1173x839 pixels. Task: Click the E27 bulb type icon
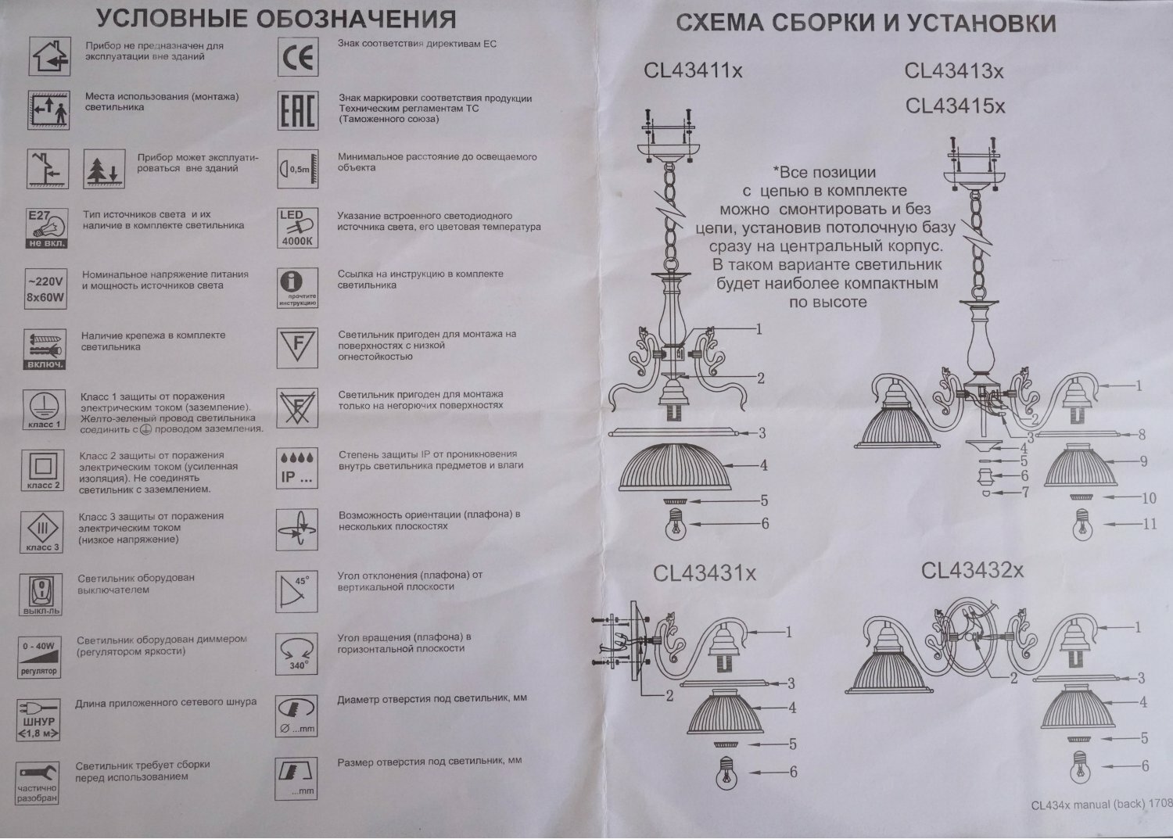click(47, 228)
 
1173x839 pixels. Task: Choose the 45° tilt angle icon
click(297, 591)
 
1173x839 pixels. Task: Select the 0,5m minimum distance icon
click(297, 169)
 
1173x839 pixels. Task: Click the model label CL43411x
click(693, 71)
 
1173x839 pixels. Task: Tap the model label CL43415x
click(955, 105)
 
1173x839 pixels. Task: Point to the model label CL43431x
click(705, 574)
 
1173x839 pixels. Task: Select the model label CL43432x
click(972, 570)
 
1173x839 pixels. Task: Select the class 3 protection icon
click(43, 532)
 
